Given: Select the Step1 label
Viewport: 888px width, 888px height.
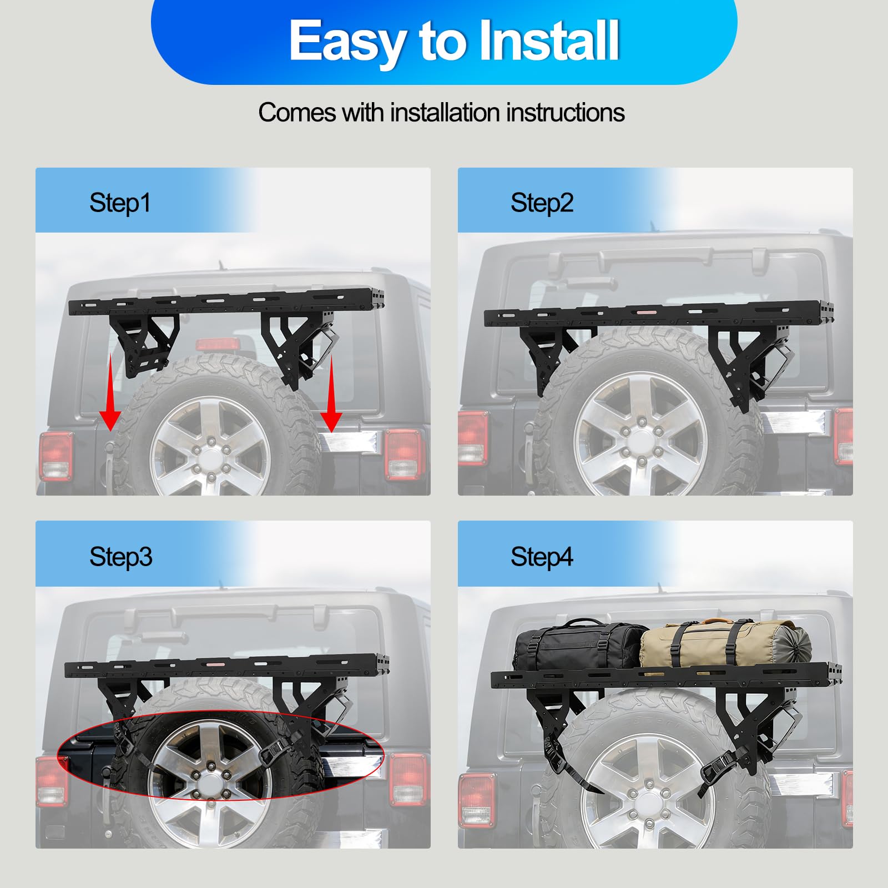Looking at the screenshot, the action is click(x=120, y=203).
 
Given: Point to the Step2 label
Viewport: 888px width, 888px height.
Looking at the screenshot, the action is click(x=542, y=203).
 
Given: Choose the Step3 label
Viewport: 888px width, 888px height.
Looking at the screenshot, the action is click(x=120, y=557).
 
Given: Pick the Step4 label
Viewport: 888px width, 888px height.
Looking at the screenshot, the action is click(x=542, y=557).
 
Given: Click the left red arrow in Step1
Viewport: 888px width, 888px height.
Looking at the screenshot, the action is click(x=110, y=393).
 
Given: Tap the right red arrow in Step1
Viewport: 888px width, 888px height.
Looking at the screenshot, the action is click(x=331, y=394).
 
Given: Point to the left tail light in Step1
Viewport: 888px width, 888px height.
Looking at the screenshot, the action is click(x=56, y=456).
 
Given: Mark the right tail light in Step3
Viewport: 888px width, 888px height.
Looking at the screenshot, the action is click(x=408, y=779).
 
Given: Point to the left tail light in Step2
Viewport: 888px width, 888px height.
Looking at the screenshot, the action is click(x=472, y=437).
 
